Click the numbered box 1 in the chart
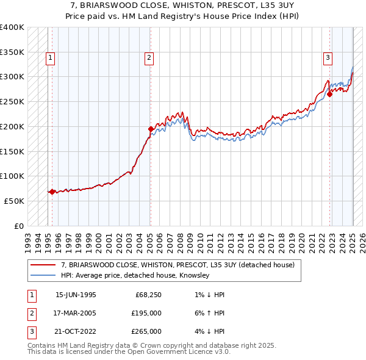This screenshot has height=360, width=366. (49, 58)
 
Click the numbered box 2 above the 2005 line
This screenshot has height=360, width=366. (149, 58)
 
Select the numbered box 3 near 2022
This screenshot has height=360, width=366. (328, 58)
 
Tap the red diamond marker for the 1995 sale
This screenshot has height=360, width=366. (52, 192)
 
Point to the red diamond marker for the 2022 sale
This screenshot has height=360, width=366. (329, 94)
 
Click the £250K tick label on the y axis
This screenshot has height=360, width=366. (12, 101)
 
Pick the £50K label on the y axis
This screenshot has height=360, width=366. (14, 201)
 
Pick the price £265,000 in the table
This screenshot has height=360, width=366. (147, 331)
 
